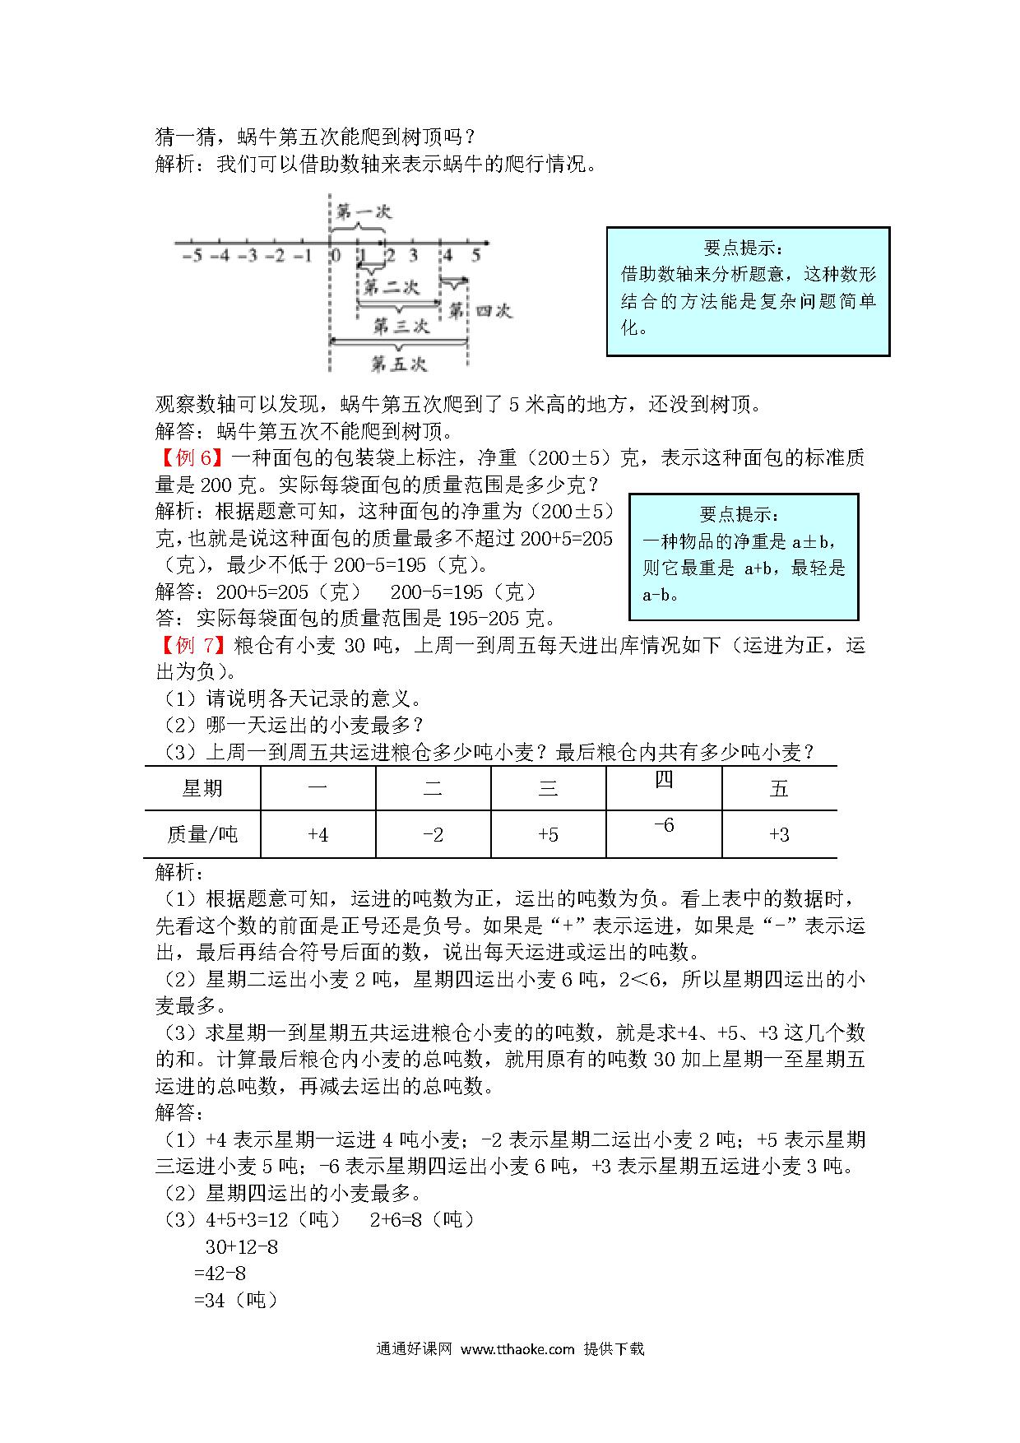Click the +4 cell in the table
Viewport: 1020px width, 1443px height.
[318, 835]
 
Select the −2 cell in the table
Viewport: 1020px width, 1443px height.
[433, 835]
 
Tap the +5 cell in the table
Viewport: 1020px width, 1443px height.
[548, 835]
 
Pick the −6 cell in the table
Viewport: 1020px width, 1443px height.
[663, 825]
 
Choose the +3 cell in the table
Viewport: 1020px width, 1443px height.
[779, 835]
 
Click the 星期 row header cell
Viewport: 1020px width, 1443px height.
[202, 789]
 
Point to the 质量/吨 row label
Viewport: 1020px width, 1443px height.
[202, 835]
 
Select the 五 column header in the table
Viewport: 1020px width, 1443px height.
[779, 789]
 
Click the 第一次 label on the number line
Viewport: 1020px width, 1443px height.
[364, 211]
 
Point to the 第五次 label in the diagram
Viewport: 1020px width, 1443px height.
[399, 363]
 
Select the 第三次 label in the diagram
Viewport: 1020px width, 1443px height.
[401, 326]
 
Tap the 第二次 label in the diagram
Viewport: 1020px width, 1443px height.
[392, 287]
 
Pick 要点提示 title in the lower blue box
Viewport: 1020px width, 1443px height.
[739, 515]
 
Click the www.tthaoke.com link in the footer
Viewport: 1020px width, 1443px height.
[517, 1349]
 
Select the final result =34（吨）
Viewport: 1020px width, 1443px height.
[235, 1300]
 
